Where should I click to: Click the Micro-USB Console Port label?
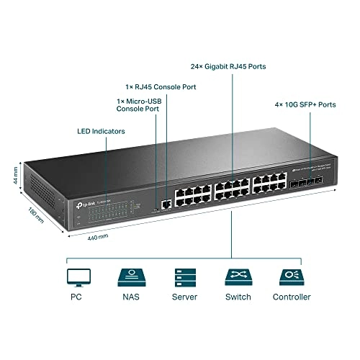pos(139,106)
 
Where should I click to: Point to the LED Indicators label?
pos(101,132)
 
